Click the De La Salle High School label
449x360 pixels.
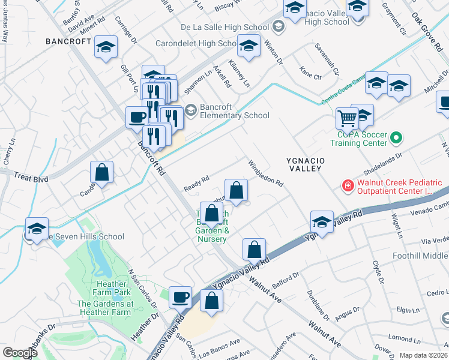click(224, 27)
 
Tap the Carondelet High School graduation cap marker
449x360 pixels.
click(249, 46)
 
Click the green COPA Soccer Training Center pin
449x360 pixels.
click(396, 139)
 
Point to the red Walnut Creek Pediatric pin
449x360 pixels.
click(347, 187)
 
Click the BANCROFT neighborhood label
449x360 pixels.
click(68, 42)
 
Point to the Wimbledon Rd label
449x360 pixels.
click(265, 173)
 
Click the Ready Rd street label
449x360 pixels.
click(196, 181)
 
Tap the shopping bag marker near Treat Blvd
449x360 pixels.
click(102, 173)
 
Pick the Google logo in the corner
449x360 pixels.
click(20, 353)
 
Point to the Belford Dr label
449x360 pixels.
click(285, 277)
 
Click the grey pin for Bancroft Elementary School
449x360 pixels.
click(191, 109)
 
